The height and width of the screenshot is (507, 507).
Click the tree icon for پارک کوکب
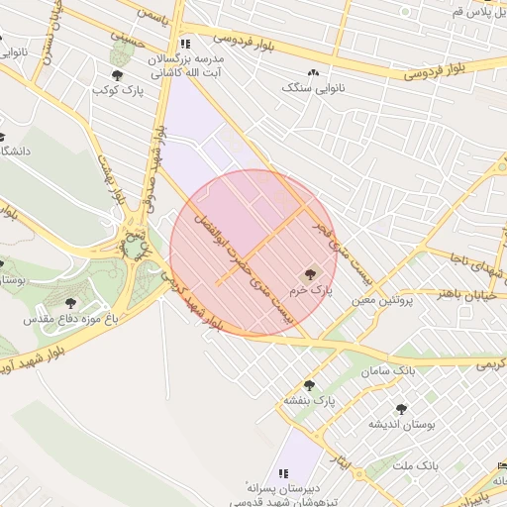[x=118, y=75]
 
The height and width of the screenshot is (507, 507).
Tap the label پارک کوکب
[x=119, y=91]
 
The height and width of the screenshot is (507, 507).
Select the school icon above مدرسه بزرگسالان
[x=185, y=45]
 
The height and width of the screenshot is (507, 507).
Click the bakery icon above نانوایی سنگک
[x=314, y=72]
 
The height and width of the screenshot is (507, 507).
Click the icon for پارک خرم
[x=310, y=273]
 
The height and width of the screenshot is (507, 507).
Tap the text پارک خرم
[x=307, y=292]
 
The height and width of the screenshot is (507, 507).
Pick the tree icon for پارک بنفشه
[x=309, y=385]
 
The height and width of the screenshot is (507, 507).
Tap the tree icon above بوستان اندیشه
[x=401, y=408]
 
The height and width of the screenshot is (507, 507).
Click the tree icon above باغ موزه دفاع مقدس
[x=70, y=303]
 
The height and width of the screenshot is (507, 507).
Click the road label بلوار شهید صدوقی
[x=151, y=158]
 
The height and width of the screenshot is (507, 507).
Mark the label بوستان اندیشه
[x=403, y=424]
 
